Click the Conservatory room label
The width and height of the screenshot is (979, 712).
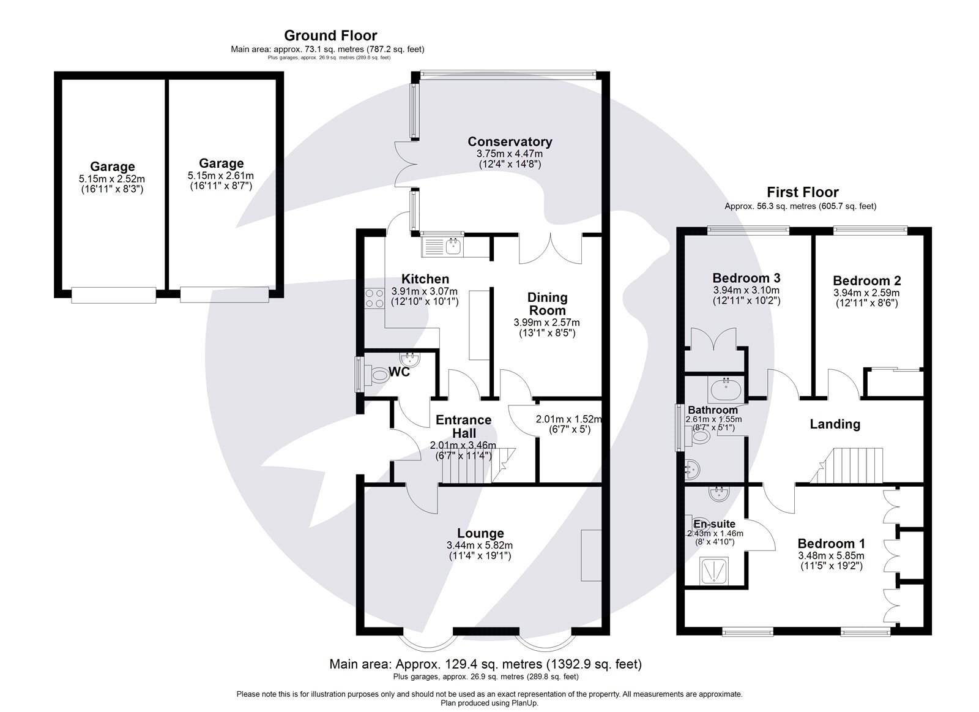[x=510, y=142]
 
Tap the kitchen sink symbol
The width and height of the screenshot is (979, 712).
[x=443, y=247]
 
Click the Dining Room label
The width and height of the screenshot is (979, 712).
[x=547, y=304]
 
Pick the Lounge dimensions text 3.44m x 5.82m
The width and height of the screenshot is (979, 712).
[x=479, y=545]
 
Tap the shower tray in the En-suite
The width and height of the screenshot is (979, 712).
[x=713, y=571]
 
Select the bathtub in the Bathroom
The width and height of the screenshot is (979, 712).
[x=726, y=388]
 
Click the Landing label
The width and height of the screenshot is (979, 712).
[x=835, y=424]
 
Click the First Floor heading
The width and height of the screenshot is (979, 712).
[x=803, y=193]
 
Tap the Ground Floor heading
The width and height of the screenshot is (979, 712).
[x=330, y=36]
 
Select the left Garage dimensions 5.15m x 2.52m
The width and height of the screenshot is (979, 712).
[x=112, y=178]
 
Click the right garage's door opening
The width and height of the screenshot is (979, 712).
[x=225, y=294]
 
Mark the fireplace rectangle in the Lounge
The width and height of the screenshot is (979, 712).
[x=591, y=555]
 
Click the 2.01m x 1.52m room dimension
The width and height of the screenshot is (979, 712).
[x=568, y=419]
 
